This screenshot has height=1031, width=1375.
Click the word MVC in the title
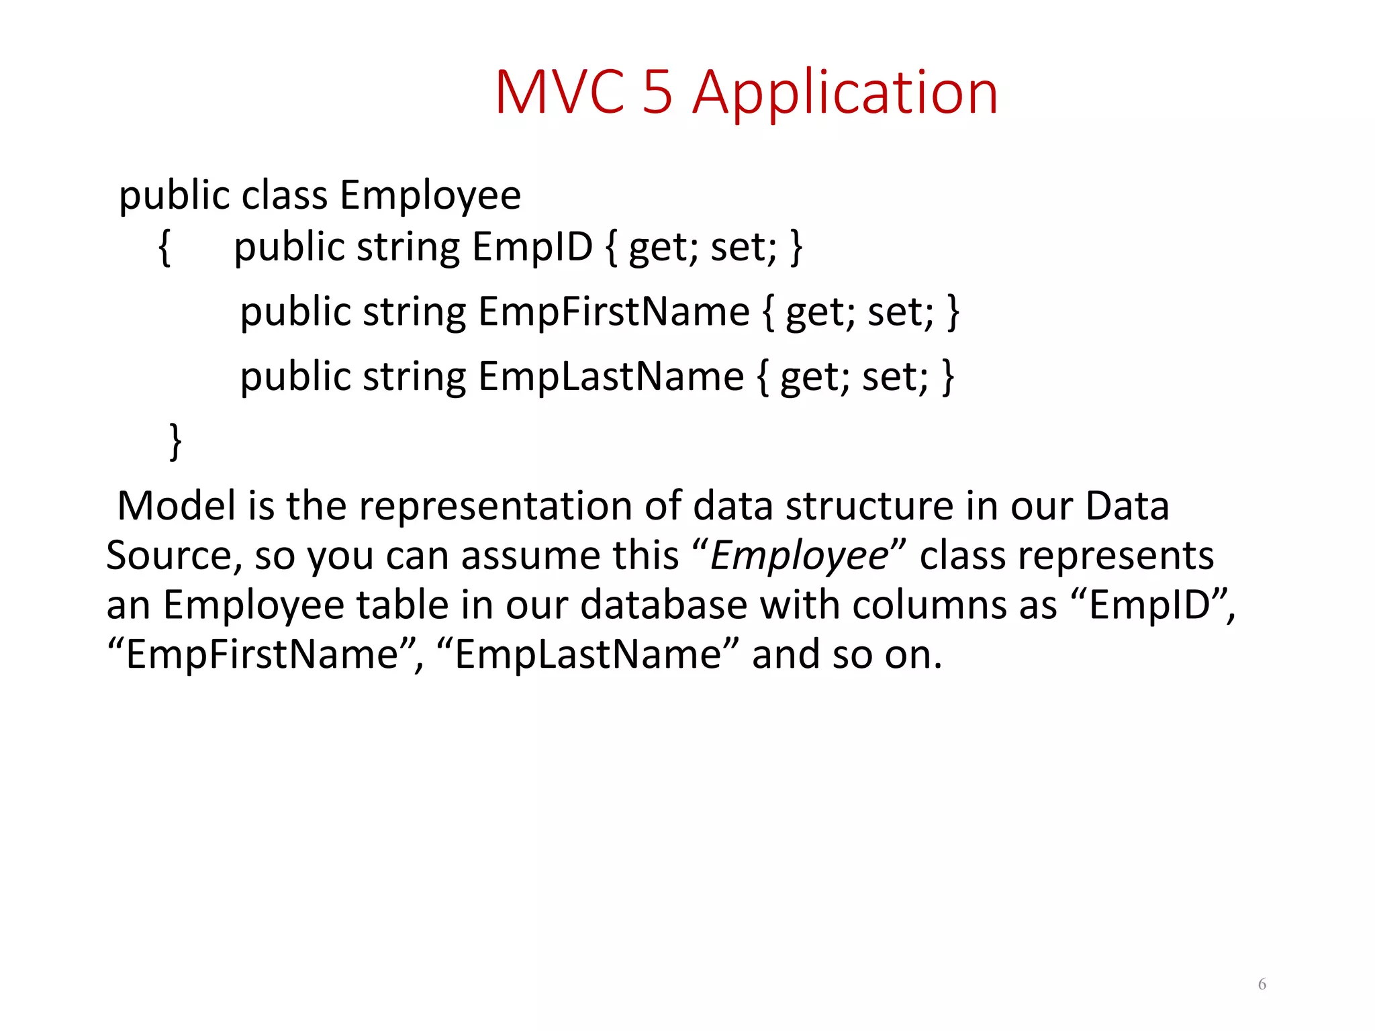point(559,93)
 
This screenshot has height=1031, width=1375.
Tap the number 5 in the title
point(657,93)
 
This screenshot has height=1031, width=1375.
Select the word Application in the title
point(845,94)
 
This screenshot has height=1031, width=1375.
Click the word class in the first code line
point(285,196)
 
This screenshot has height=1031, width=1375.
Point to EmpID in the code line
point(532,247)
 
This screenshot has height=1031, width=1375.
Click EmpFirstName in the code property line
point(614,312)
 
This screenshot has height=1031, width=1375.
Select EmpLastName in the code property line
point(610,377)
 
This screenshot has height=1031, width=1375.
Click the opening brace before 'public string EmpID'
point(164,248)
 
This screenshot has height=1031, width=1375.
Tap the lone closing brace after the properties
point(175,441)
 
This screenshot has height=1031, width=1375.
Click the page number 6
point(1262,984)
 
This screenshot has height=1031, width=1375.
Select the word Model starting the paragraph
point(177,505)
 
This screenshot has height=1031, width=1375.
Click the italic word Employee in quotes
point(799,556)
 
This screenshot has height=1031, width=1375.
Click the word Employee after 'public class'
point(430,196)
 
